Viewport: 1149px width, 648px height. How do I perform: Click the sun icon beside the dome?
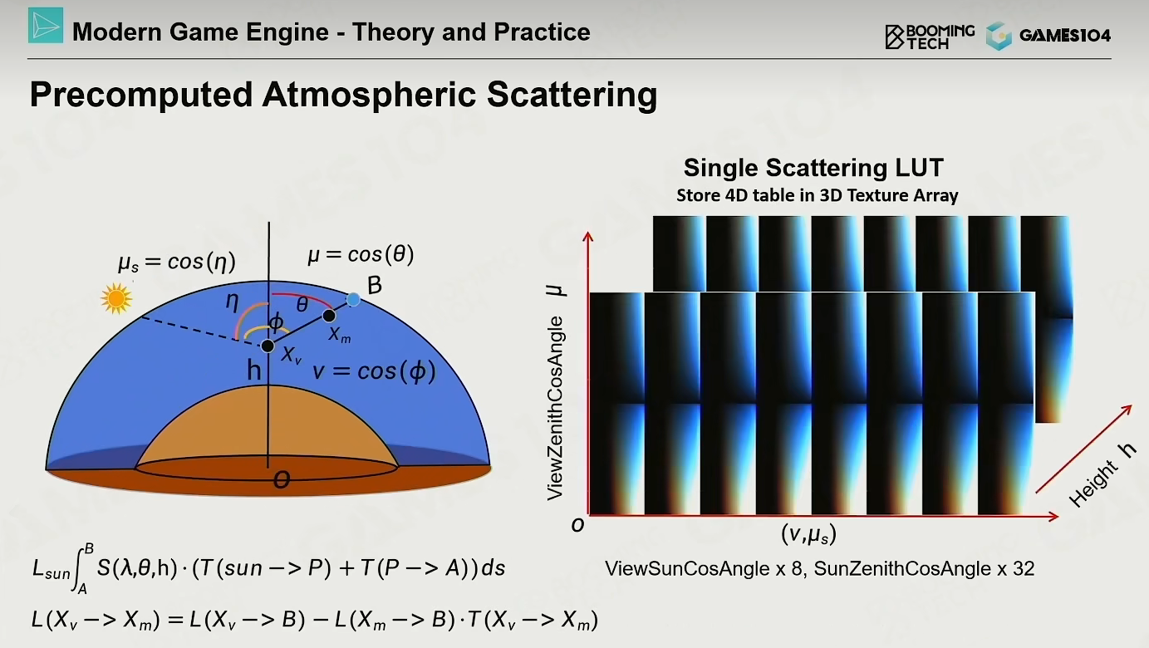116,298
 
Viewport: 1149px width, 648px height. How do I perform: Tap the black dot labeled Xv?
268,346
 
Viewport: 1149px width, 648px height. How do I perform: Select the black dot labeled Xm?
329,316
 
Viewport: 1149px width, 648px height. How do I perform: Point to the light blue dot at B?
353,300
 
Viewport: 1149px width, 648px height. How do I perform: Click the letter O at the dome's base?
282,479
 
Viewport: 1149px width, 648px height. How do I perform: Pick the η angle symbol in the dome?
233,302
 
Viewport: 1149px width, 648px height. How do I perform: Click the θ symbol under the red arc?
302,305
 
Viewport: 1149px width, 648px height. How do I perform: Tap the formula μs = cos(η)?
177,263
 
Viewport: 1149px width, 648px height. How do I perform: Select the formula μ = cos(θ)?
361,255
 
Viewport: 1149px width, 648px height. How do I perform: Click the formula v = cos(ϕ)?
374,371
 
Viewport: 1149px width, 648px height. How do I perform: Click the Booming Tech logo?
930,37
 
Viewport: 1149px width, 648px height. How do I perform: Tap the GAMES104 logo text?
1065,35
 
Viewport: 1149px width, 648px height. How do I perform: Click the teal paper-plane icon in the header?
46,25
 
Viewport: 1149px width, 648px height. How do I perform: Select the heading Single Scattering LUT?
813,168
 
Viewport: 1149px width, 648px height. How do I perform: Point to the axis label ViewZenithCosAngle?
555,408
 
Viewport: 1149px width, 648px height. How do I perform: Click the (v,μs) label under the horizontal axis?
808,534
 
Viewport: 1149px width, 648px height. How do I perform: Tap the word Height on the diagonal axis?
1093,484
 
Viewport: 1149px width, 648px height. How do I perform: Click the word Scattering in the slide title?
572,95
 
